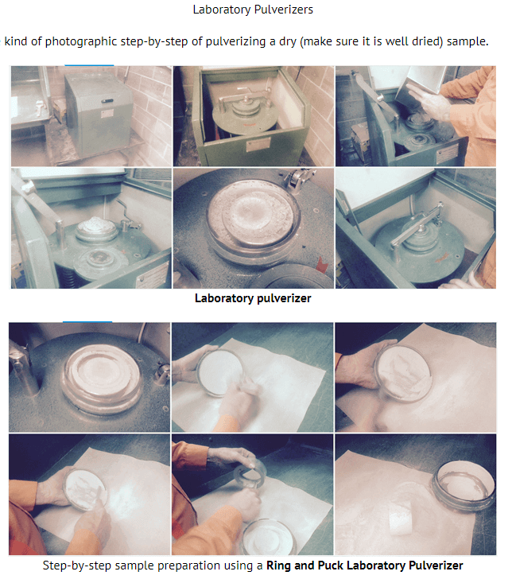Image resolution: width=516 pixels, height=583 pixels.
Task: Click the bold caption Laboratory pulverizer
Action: [253, 298]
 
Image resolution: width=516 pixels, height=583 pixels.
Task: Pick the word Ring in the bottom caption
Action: [278, 566]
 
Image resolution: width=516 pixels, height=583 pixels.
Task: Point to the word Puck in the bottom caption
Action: [331, 566]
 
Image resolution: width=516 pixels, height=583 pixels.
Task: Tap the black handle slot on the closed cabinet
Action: [107, 101]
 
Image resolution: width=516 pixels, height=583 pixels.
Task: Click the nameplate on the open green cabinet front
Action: [258, 144]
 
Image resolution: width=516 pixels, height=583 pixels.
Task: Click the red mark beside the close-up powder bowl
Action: [321, 265]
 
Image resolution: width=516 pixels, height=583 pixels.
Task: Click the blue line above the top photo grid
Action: [89, 65]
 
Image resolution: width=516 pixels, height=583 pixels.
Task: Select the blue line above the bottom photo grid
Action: [87, 321]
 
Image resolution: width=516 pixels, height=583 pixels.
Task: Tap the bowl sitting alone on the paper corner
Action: [464, 485]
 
